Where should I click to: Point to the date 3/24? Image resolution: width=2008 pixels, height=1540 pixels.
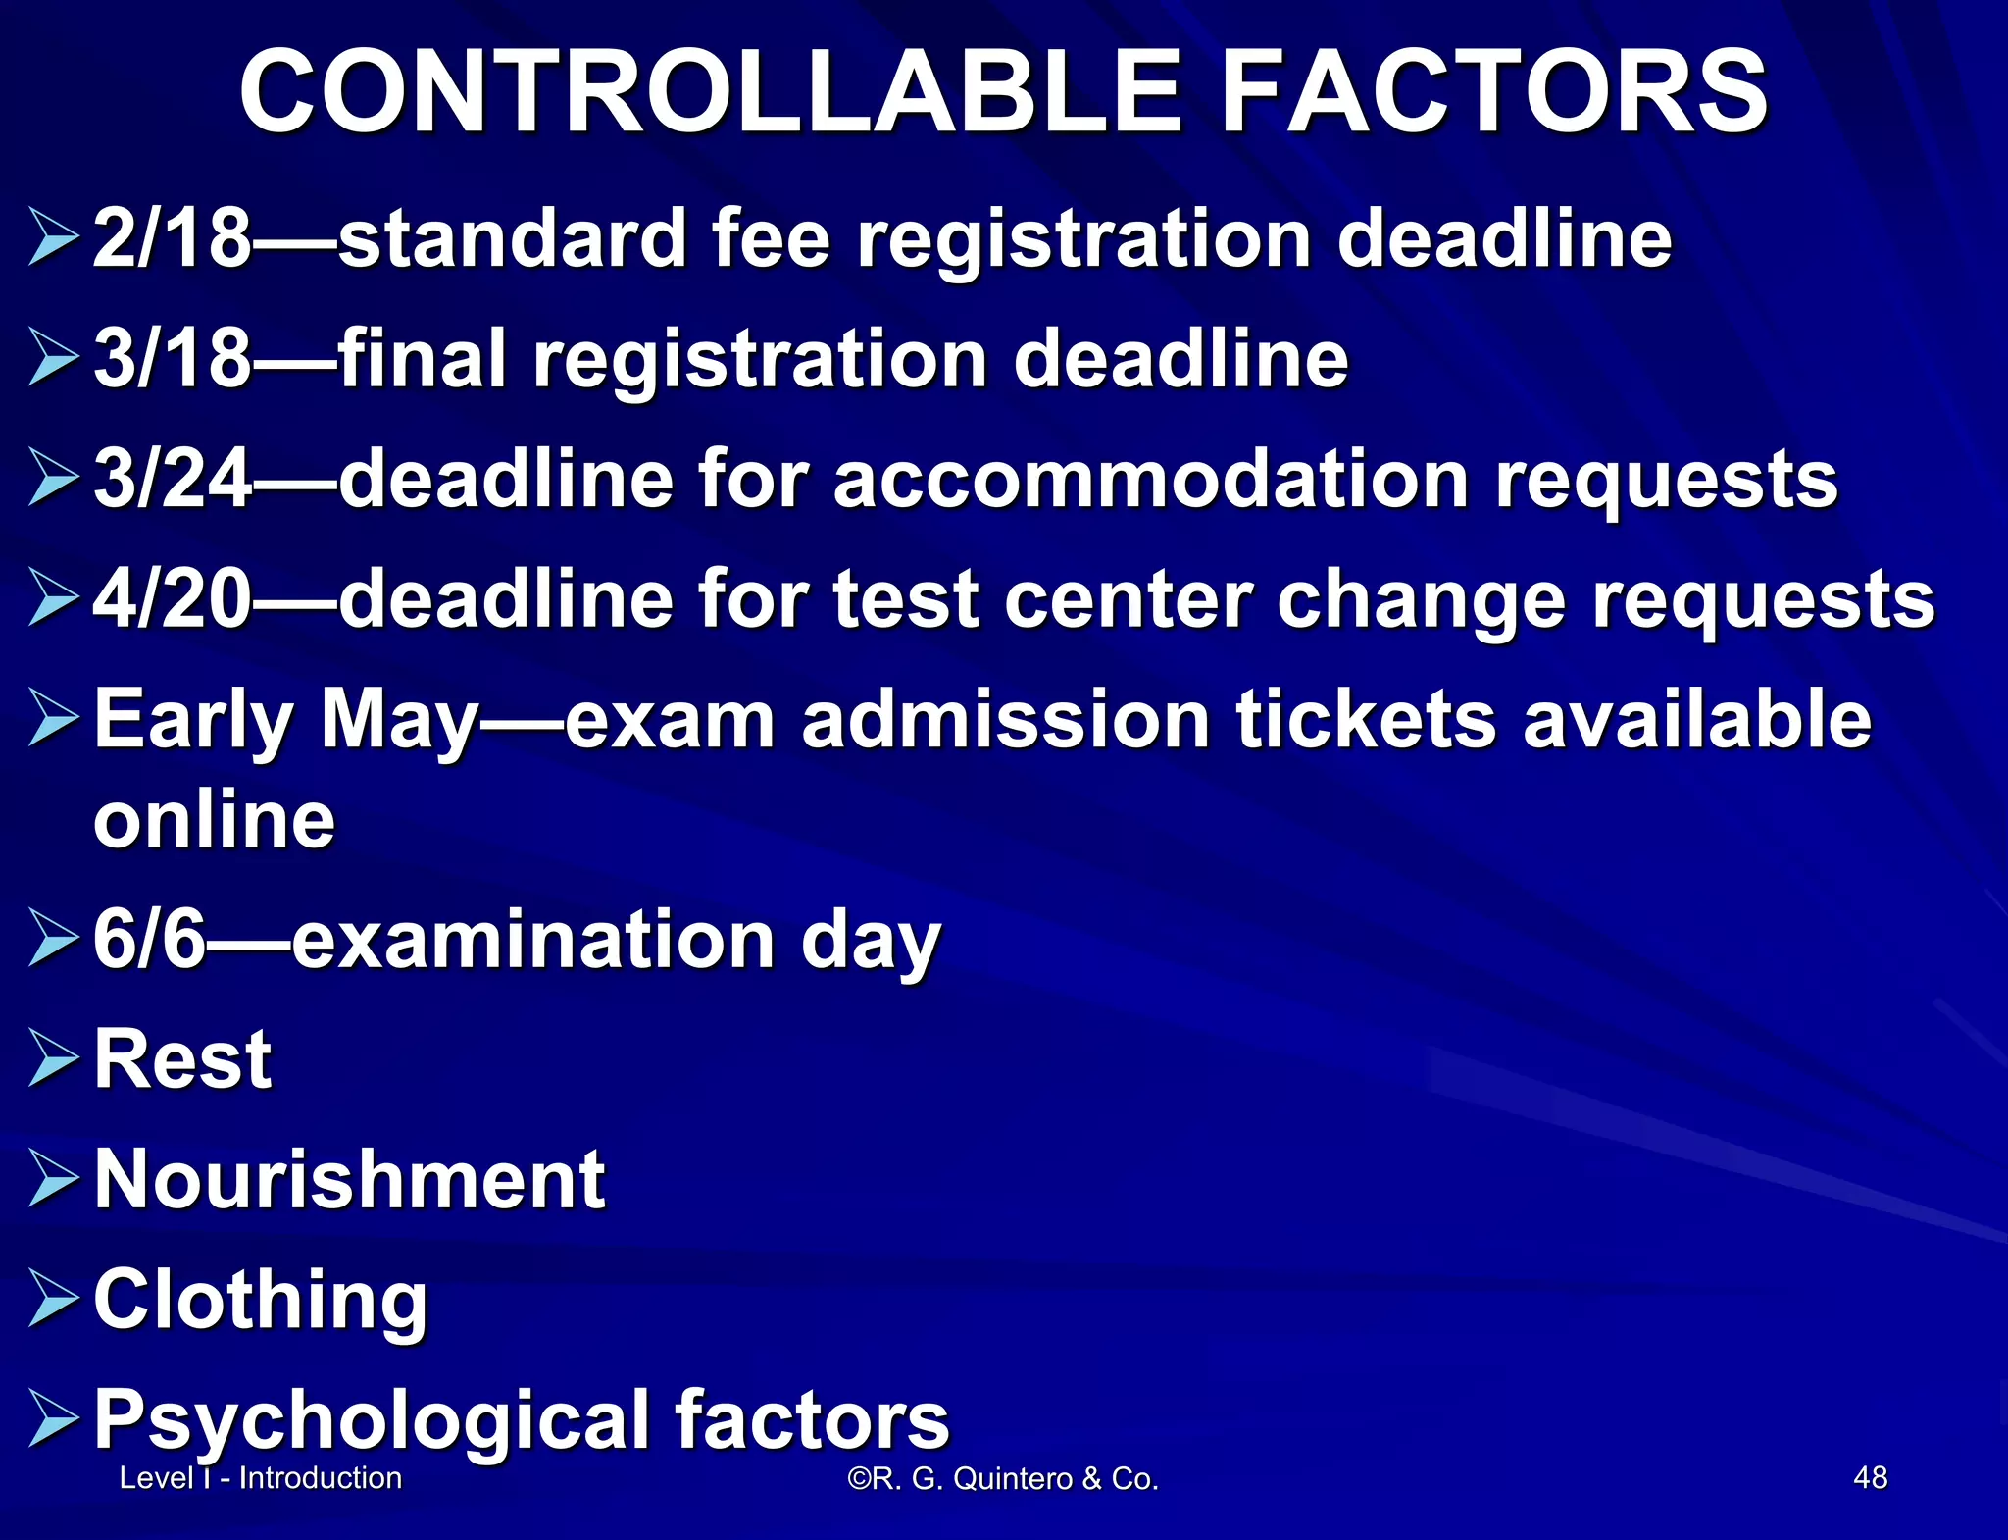point(173,480)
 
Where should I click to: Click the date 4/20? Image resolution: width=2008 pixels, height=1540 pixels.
point(173,599)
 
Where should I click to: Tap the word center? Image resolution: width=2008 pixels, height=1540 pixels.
point(1129,599)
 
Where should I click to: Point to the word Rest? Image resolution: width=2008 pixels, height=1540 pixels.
point(182,1059)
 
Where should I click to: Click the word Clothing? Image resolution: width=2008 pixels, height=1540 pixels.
point(261,1300)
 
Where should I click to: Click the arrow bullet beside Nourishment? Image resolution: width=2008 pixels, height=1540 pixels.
point(53,1179)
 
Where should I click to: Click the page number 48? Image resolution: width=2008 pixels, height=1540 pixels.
point(1871,1477)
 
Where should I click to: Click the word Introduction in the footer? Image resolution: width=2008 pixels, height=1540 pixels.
point(321,1477)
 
